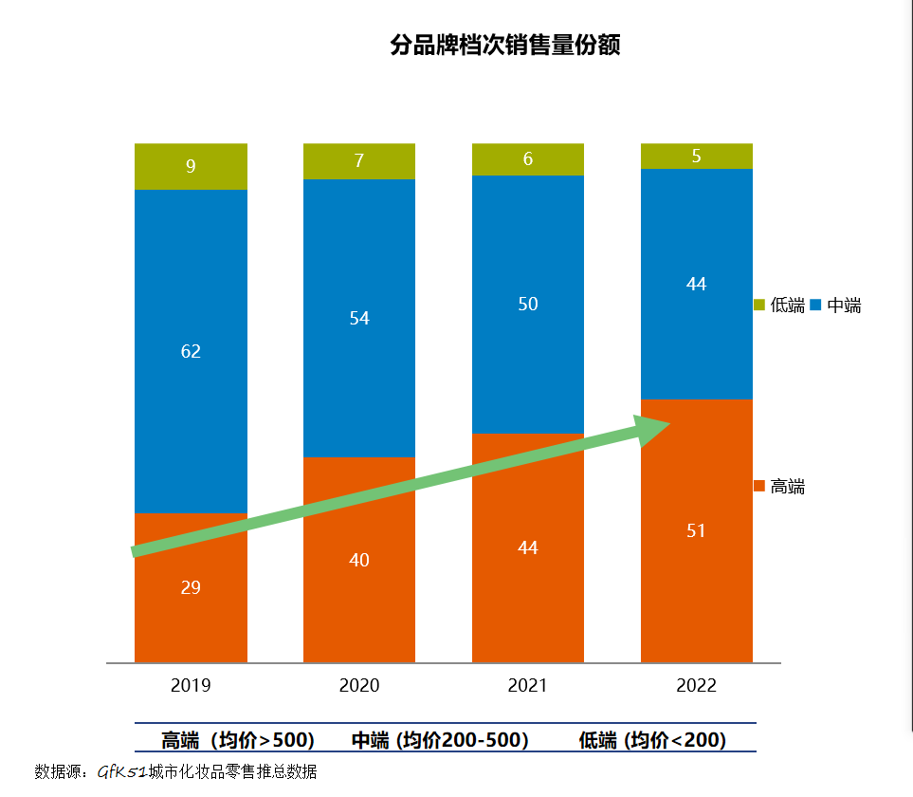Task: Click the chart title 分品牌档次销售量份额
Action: pos(504,46)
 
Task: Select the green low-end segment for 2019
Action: pos(191,166)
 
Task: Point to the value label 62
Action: pos(191,351)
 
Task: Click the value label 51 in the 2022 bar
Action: pos(697,530)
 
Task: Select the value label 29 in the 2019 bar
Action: pos(191,587)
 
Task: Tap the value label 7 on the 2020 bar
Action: pos(359,161)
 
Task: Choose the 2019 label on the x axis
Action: pos(191,686)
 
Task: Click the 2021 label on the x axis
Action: pos(528,686)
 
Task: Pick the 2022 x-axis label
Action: pos(697,686)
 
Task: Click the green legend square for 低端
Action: pos(759,306)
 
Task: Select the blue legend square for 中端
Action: pos(816,306)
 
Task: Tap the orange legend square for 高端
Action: pos(759,487)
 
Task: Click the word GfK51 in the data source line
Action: pos(121,771)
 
